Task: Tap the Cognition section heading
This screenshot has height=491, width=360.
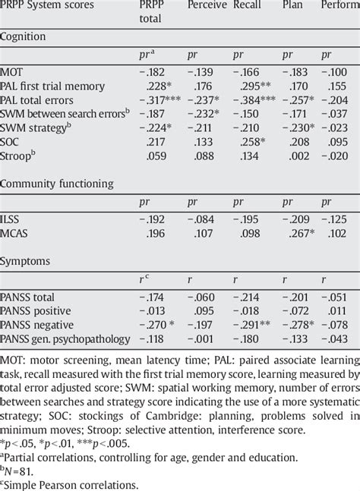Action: coord(26,36)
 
